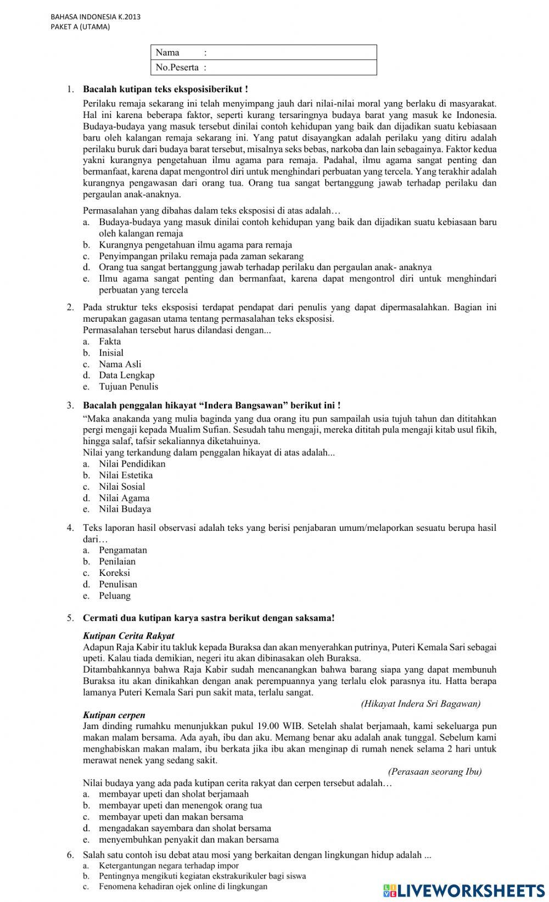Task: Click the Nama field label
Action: coord(167,53)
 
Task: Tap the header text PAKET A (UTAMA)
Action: coord(80,26)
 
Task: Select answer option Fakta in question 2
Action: coord(110,341)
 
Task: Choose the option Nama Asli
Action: coord(120,364)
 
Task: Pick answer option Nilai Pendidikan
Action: coord(132,464)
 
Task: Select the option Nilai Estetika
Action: coord(126,475)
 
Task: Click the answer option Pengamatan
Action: coord(123,550)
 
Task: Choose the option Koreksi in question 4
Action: coord(114,573)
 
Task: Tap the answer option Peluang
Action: coord(115,596)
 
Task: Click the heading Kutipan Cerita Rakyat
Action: coord(128,636)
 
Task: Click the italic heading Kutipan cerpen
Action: coord(114,715)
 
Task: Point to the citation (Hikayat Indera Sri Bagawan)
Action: coord(421,704)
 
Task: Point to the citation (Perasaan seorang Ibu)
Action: coord(434,771)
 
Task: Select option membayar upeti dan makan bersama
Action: coord(171,817)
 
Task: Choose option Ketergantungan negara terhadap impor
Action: coord(169,866)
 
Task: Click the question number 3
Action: coord(70,406)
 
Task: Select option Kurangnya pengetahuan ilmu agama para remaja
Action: coord(195,245)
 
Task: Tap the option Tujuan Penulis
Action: coord(128,386)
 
